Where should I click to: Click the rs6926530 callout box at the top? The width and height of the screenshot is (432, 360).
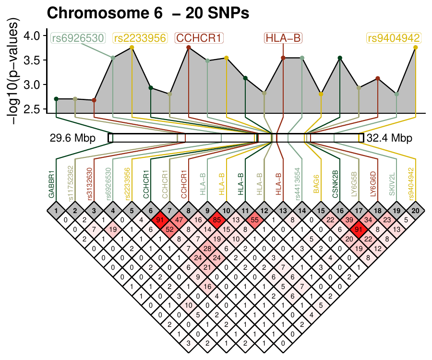coord(78,38)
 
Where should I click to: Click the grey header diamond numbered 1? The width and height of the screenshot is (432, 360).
coord(56,210)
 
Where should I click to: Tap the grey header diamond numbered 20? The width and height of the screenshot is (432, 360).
coord(415,210)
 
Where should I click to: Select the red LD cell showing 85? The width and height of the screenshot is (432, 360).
coord(216,220)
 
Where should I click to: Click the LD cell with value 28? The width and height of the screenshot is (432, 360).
coord(207,248)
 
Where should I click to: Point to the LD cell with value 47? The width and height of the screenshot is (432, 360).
coord(179,220)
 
